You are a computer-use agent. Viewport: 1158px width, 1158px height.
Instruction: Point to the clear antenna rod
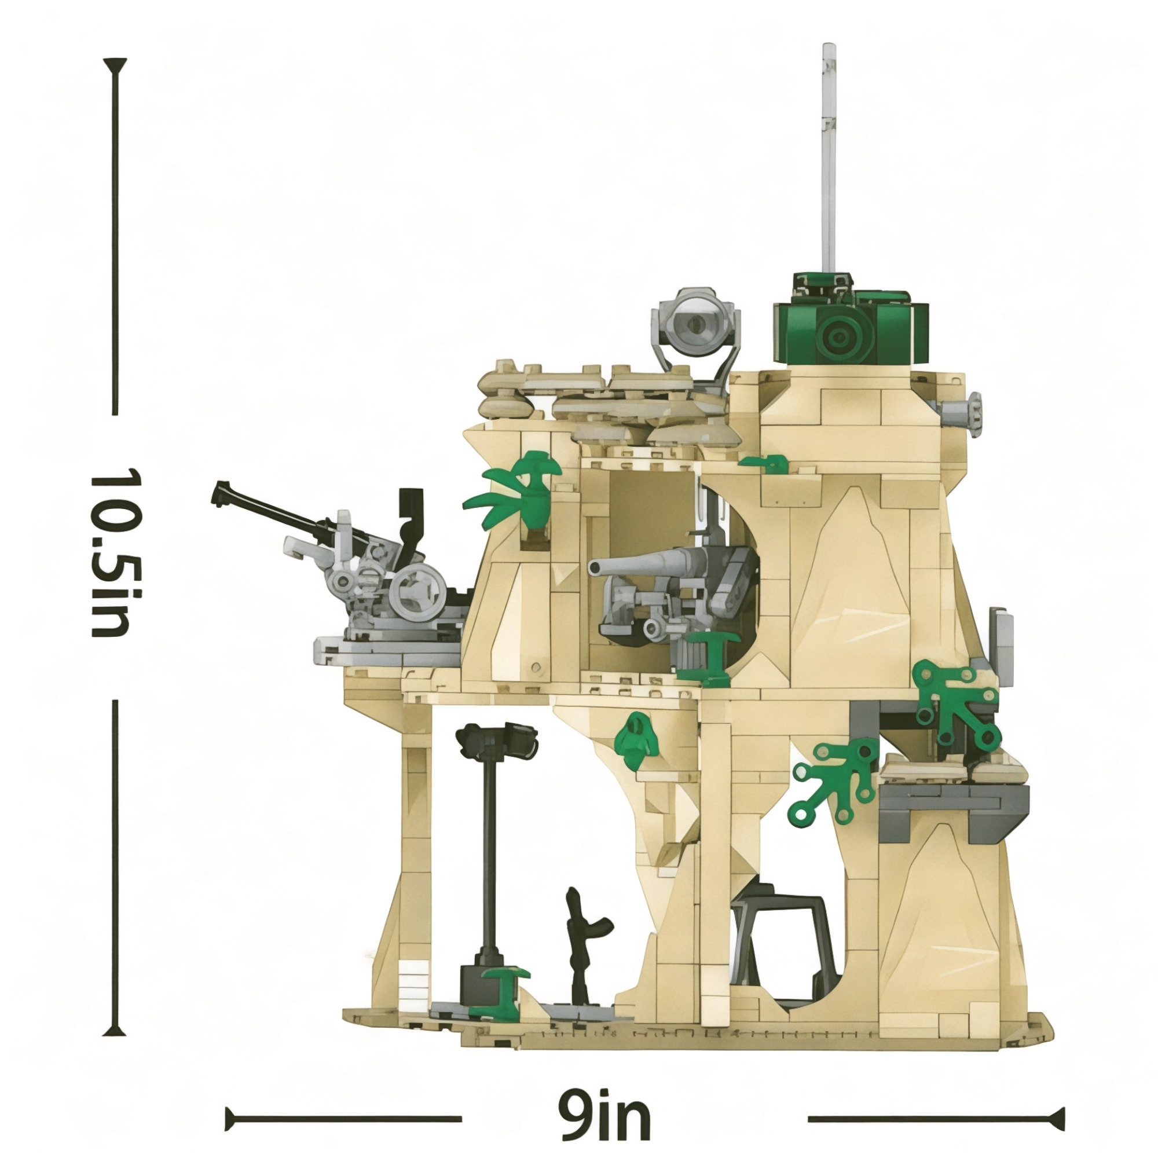point(829,159)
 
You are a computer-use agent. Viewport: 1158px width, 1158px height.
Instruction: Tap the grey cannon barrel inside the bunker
point(647,560)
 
